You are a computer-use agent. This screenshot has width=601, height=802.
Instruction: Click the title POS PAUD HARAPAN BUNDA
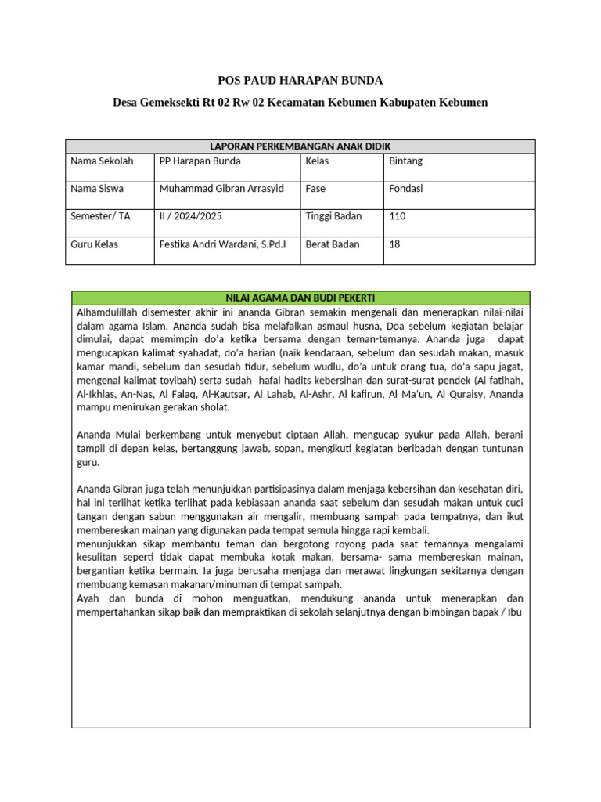tap(300, 81)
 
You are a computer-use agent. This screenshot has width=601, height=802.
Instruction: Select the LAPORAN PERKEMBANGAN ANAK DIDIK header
tap(300, 146)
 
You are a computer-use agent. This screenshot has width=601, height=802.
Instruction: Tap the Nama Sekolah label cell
tap(102, 161)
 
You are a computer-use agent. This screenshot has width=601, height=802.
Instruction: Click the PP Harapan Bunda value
tap(200, 161)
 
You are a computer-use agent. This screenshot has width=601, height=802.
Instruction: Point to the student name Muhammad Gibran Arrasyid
tap(222, 189)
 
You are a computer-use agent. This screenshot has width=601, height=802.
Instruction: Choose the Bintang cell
tap(405, 161)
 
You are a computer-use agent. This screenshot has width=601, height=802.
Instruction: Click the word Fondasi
tap(406, 189)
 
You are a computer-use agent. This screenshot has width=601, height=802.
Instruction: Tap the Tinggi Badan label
tap(333, 216)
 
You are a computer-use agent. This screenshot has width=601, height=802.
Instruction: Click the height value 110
tap(398, 216)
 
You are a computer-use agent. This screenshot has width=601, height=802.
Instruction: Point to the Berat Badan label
tap(333, 244)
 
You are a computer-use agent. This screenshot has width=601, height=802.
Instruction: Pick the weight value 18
tap(394, 244)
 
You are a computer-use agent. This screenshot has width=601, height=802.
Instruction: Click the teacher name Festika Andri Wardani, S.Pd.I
tap(222, 244)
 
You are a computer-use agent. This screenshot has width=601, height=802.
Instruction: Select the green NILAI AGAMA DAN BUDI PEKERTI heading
tap(300, 298)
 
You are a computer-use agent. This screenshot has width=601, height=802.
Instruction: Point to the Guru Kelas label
tap(94, 244)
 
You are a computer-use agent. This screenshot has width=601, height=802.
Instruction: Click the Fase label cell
tap(316, 189)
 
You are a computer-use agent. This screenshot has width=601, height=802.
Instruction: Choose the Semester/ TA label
tap(100, 216)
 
